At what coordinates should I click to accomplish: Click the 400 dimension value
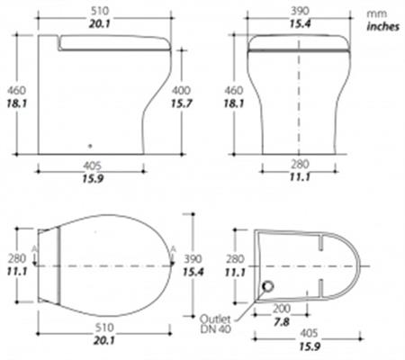tap(181, 90)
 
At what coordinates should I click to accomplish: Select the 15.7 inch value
tap(181, 103)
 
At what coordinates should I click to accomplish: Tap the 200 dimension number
tap(282, 309)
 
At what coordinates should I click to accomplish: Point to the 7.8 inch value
tap(282, 322)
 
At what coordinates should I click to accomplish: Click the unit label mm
tap(377, 13)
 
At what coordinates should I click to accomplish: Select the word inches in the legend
tap(383, 27)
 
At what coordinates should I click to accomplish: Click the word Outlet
tap(215, 319)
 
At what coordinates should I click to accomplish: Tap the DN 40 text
tap(216, 329)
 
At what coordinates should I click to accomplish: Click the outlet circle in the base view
tap(267, 287)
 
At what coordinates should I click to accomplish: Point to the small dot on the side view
tap(90, 146)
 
